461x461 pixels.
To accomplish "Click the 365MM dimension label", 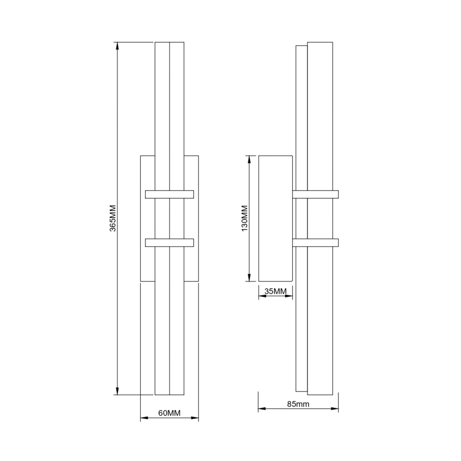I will [113, 218].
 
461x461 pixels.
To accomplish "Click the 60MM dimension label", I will [169, 413].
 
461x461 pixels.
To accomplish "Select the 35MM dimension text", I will [276, 291].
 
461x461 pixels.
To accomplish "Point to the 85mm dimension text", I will [298, 404].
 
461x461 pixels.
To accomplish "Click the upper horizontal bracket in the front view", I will [169, 194].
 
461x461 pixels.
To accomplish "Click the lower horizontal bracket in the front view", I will [169, 243].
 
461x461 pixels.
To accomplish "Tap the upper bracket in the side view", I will [315, 194].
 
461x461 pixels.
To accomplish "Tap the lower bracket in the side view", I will [315, 243].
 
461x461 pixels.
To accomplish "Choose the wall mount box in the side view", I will [276, 218].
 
